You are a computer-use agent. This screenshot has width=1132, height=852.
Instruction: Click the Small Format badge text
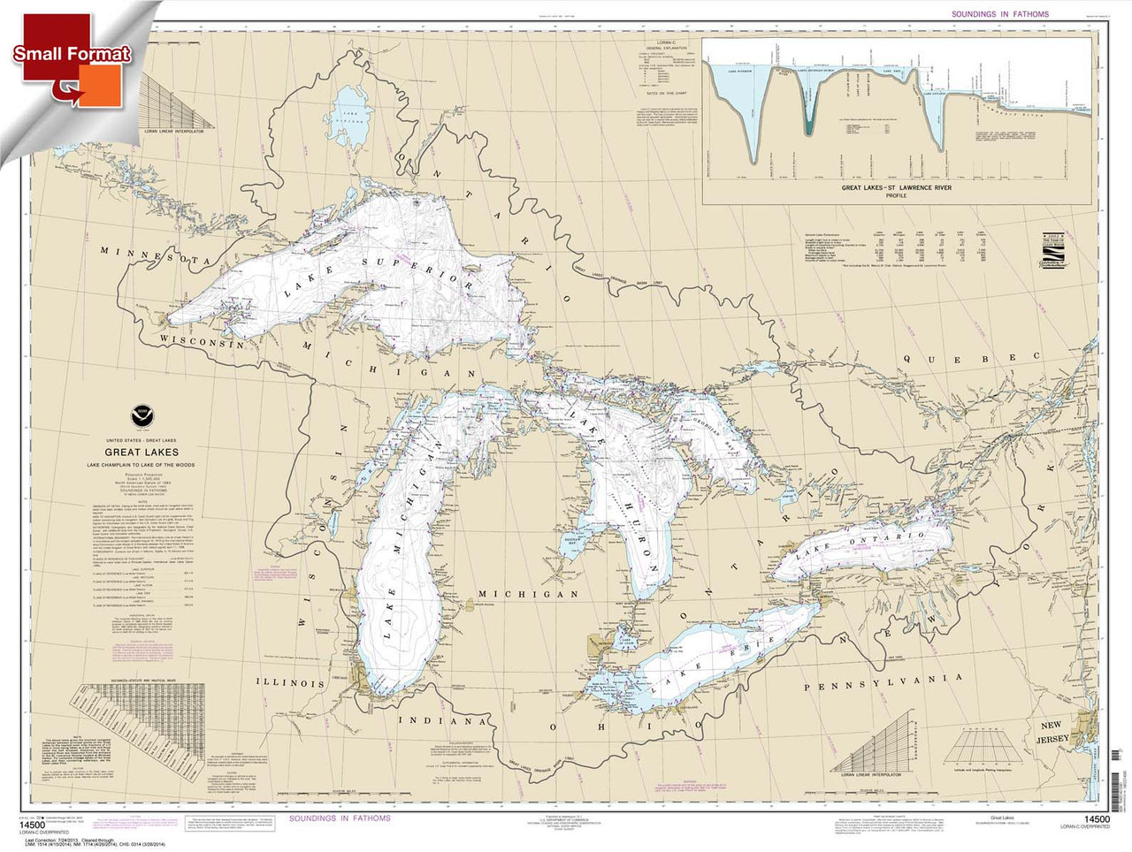[72, 54]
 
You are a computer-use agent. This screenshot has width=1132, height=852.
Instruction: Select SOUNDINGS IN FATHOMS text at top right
[999, 14]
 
